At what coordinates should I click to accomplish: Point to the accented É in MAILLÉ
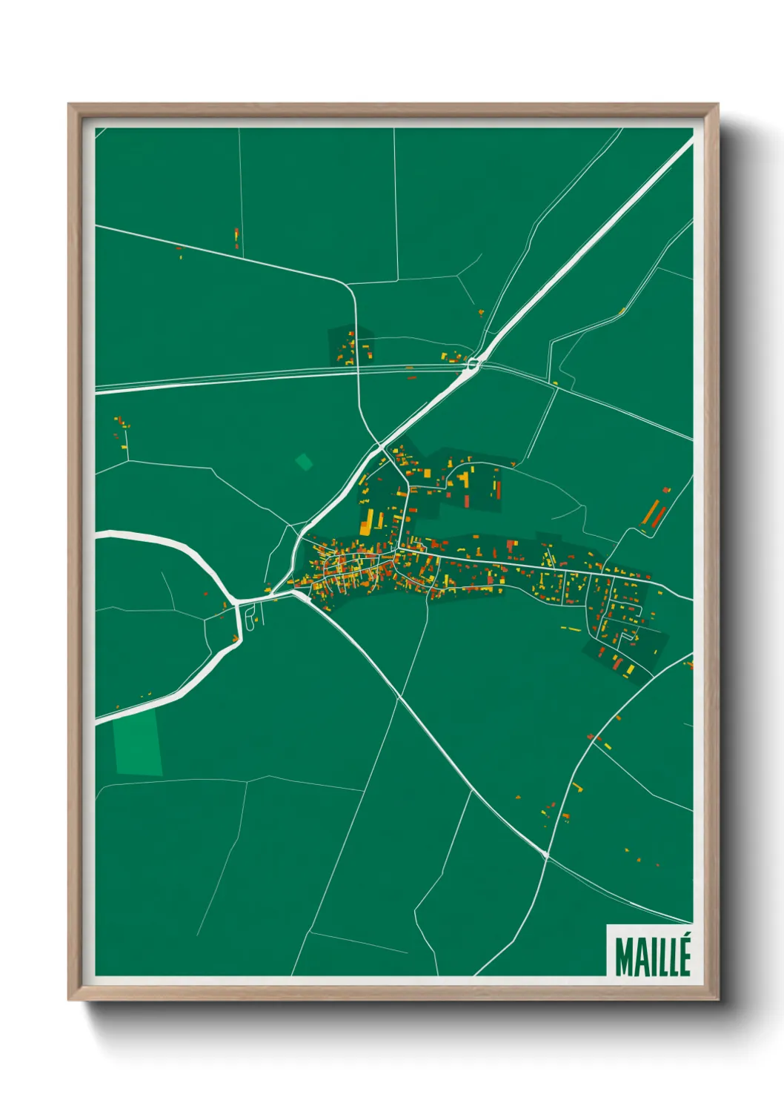pos(683,955)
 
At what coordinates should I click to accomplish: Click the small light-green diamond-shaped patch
pos(304,462)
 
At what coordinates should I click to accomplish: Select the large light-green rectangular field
pos(137,743)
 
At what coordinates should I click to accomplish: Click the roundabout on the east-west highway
pos(473,363)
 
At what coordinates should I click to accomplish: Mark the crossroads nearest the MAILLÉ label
pos(546,856)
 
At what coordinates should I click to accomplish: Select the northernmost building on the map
pos(236,237)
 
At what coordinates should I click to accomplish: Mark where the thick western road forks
pos(236,600)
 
